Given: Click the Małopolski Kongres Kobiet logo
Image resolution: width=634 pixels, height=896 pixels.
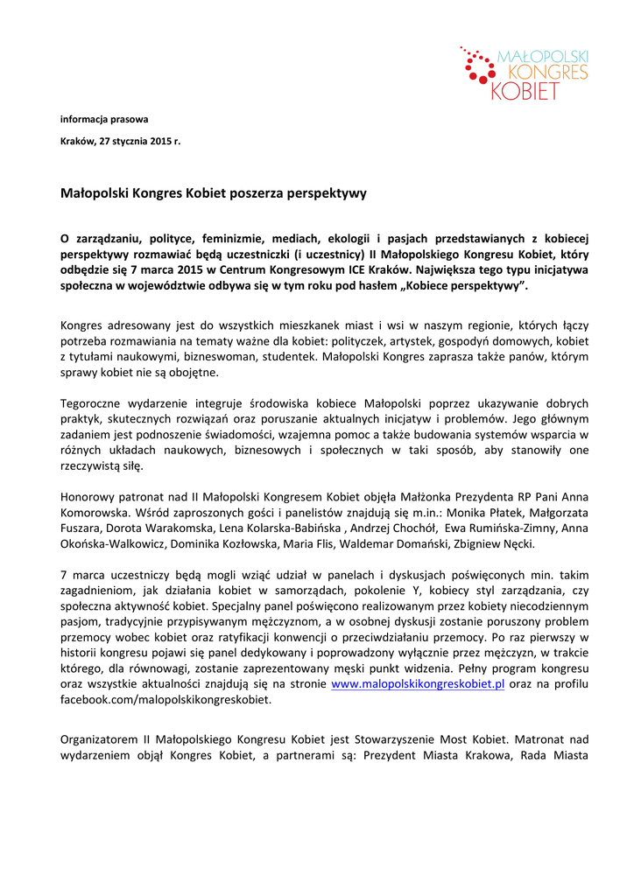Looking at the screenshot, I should (524, 73).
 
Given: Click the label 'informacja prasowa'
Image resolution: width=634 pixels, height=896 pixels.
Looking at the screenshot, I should (104, 119).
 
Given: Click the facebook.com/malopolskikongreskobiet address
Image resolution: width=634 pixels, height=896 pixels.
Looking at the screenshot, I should (166, 700).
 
